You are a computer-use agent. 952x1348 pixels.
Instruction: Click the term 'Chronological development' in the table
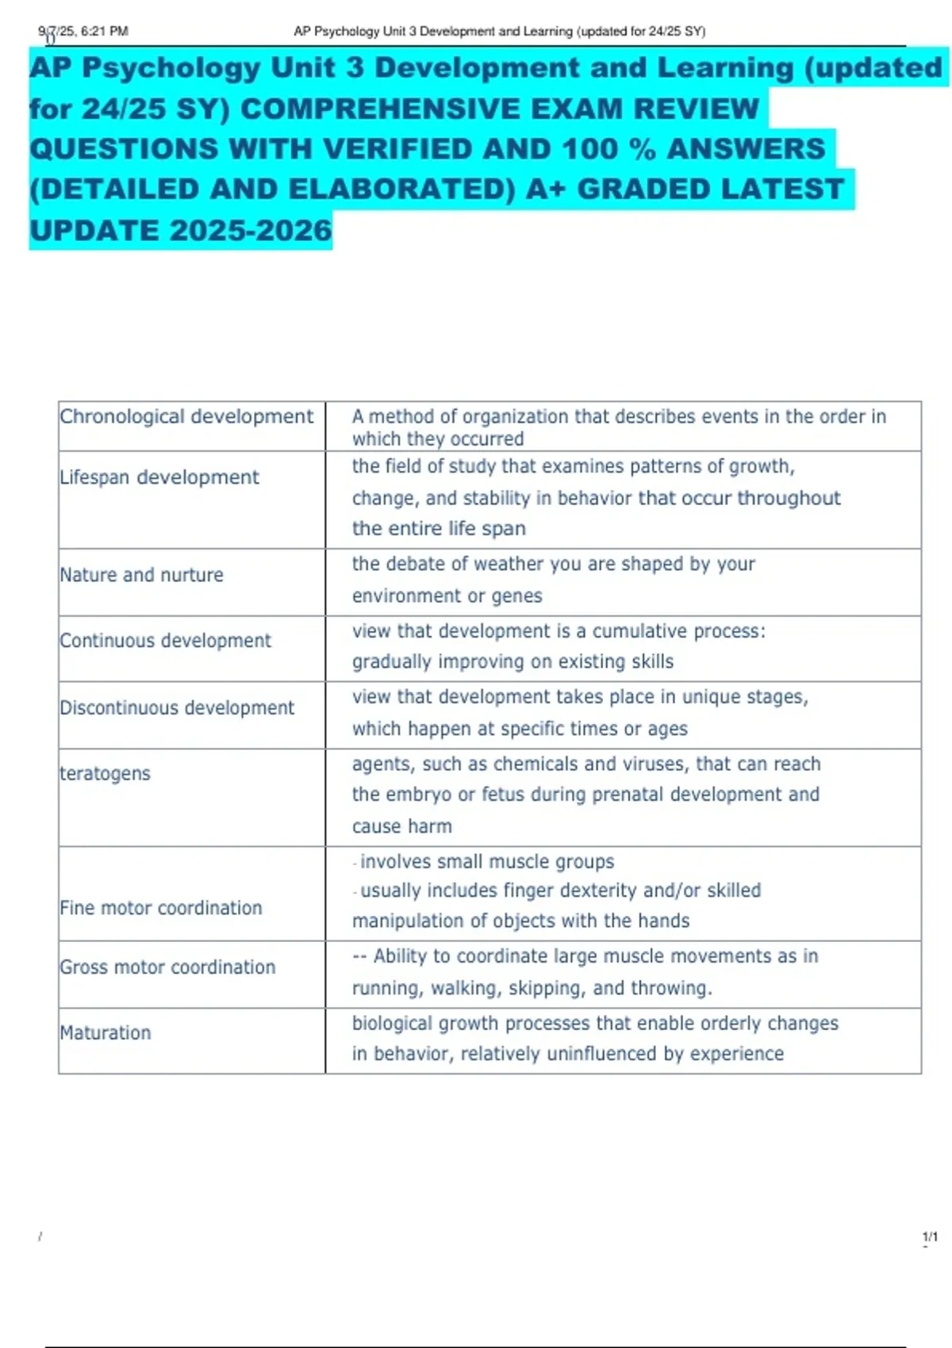[186, 416]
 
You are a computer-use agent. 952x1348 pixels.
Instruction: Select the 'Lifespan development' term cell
[159, 477]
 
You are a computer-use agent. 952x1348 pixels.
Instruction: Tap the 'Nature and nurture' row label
[141, 575]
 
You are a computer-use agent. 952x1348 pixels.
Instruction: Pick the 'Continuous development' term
[165, 641]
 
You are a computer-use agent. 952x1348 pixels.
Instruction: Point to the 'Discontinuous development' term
[177, 707]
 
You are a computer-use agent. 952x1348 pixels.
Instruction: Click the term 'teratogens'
[105, 773]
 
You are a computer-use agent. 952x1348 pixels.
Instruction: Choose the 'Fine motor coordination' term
[160, 908]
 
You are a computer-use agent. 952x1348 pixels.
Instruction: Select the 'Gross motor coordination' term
[167, 967]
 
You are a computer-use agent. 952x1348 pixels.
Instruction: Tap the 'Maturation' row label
[105, 1033]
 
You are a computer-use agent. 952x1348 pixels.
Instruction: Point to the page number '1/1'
[930, 1236]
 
